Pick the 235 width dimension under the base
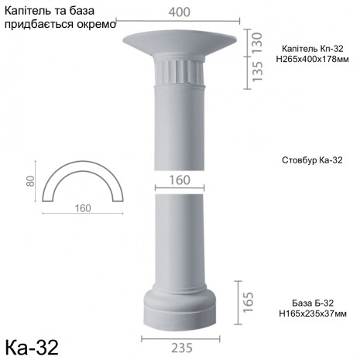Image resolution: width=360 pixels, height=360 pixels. coord(181,348)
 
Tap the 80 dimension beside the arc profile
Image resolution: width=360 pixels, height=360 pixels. coord(31,182)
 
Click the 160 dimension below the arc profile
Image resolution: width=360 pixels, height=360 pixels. coord(83,207)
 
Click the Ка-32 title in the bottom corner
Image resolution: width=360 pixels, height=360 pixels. coord(32,344)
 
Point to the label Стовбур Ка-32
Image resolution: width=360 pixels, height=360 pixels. coord(308,161)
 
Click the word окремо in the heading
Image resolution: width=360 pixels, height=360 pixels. coord(96,24)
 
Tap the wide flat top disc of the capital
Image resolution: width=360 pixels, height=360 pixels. coord(180,40)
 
